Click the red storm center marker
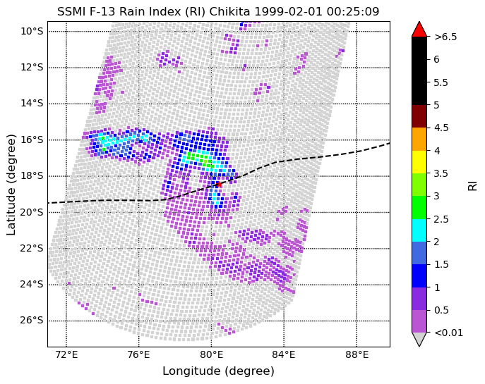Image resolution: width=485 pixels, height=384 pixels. (x=218, y=184)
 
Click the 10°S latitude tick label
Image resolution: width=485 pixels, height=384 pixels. (x=32, y=31)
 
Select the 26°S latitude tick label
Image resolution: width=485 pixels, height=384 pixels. (x=32, y=321)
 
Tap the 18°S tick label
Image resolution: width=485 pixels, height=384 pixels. (x=32, y=175)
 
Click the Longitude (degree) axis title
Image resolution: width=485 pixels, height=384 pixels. (x=218, y=371)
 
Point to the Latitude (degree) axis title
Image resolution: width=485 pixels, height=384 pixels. (x=11, y=185)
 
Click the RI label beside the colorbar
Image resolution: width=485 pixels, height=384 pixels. (x=472, y=185)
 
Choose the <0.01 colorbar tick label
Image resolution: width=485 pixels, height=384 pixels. (x=449, y=333)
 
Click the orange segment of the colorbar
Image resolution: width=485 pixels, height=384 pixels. (x=419, y=139)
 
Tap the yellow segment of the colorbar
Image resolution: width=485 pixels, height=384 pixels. (x=419, y=161)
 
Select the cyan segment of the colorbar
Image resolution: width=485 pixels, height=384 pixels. (x=419, y=207)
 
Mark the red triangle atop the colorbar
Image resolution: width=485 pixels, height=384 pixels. (x=419, y=29)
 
